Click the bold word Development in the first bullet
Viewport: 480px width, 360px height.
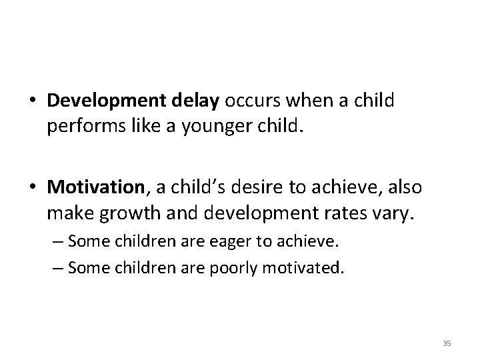pyautogui.click(x=103, y=101)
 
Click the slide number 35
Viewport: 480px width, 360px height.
pyautogui.click(x=447, y=343)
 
